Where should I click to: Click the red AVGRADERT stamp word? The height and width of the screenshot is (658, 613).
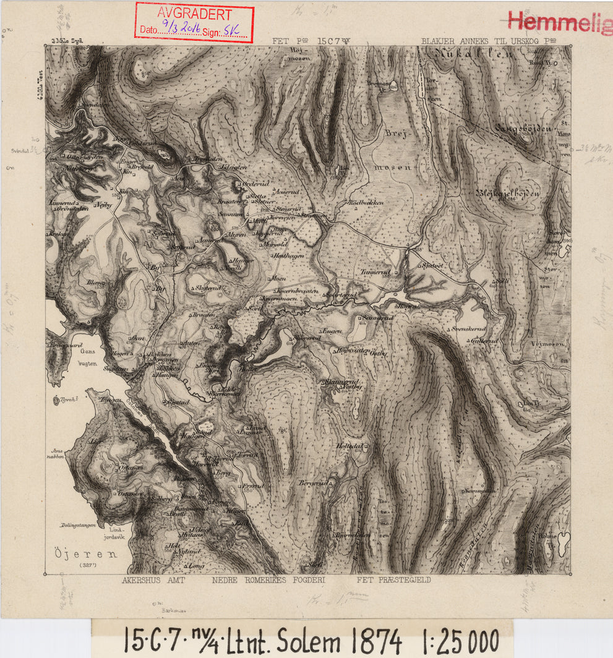click(x=194, y=14)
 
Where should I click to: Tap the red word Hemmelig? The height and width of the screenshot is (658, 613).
click(x=559, y=22)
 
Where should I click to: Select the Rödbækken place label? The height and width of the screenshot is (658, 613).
click(x=367, y=202)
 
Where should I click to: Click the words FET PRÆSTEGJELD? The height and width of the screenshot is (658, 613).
click(x=393, y=581)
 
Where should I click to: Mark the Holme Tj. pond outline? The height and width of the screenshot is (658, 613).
click(x=564, y=543)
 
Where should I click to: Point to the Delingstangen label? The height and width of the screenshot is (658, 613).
click(x=78, y=525)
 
